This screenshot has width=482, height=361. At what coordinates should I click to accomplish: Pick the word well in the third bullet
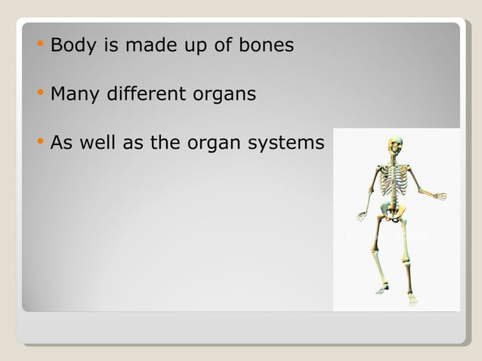point(98,143)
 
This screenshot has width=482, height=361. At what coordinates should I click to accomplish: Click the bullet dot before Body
point(39,45)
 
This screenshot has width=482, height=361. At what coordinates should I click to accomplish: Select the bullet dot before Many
point(39,94)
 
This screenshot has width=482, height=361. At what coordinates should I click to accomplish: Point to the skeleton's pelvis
point(394,215)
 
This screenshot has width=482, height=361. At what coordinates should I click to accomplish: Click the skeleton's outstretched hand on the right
point(439,196)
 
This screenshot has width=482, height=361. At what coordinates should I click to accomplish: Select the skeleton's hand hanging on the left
point(362,217)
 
